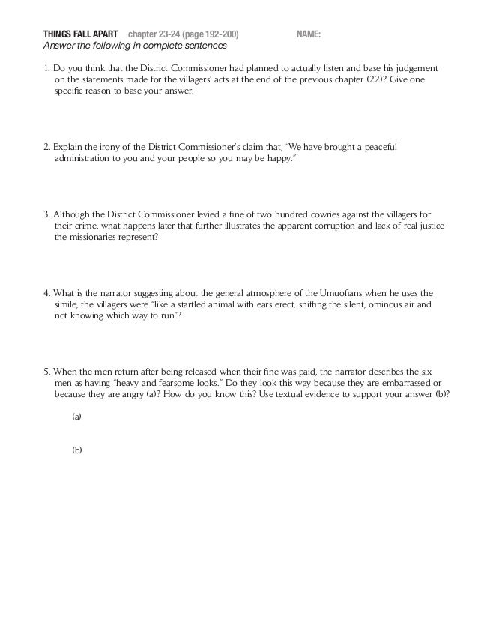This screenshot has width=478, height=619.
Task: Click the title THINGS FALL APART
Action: coord(80,34)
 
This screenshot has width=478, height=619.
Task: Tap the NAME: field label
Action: coord(309,34)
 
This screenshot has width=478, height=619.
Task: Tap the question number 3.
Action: coord(46,214)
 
